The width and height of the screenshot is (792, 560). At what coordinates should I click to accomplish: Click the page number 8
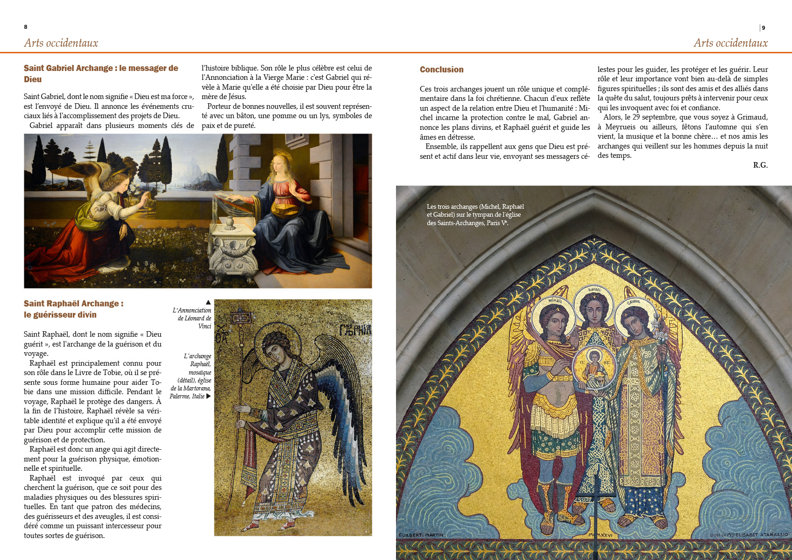coord(26,27)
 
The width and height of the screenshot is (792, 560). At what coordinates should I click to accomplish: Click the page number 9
coord(764,28)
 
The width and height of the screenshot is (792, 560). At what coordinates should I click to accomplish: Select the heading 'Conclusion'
coord(441,70)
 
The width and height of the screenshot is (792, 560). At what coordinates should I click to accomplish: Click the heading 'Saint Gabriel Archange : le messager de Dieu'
coord(101,74)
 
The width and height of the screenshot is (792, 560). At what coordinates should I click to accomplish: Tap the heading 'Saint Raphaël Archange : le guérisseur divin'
coord(74,309)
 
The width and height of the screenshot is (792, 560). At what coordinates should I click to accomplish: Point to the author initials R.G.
coord(760,165)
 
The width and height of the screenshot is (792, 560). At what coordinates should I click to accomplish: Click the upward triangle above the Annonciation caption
coord(208,302)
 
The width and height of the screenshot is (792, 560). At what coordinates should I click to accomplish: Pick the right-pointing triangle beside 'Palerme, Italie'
coord(208,396)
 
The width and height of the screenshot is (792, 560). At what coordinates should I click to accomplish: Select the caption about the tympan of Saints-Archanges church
coord(475,215)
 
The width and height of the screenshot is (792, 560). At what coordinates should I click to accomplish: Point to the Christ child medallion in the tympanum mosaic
coord(594,367)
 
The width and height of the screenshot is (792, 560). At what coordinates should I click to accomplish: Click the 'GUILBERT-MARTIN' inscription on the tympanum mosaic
coord(421,535)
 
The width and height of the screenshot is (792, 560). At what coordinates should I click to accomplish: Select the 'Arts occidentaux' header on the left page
coord(61,43)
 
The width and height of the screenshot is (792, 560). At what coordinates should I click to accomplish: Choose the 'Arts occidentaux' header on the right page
coord(730,43)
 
